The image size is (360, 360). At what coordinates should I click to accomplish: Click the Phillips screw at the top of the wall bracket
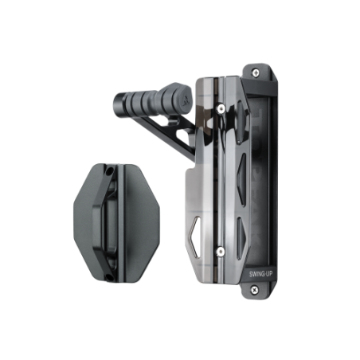[256, 72]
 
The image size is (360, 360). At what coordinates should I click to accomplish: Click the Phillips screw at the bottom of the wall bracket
[254, 289]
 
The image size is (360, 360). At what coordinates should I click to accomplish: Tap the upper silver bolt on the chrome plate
[220, 108]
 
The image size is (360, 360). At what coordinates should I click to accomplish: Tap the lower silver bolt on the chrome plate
[220, 251]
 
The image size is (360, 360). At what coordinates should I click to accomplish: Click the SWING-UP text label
[260, 274]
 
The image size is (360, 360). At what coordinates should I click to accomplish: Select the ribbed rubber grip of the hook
[149, 102]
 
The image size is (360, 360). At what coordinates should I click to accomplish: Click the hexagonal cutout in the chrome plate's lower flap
[195, 237]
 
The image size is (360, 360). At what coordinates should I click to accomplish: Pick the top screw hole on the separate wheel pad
[108, 172]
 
